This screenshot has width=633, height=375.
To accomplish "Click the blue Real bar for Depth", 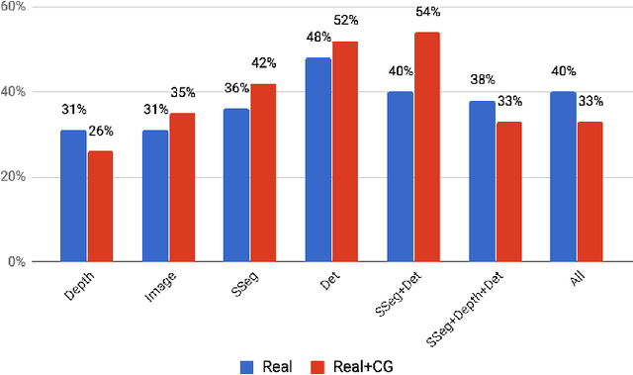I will pos(73,196).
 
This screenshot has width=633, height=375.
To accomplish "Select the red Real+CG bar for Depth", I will pos(100,207).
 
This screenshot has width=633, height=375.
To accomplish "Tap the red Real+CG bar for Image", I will pos(182,188).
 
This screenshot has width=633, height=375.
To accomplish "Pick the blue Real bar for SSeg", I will pos(236,185).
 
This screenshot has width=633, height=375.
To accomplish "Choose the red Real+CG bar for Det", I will pos(345,151).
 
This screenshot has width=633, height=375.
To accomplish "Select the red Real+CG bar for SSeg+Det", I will pos(426,147).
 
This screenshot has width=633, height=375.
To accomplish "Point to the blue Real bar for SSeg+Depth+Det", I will pos(481,181).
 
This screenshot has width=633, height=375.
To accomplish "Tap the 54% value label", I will pos(428,12).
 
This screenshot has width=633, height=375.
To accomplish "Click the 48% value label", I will pos(318,37).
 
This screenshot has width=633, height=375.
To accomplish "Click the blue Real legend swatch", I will pos(247,366).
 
